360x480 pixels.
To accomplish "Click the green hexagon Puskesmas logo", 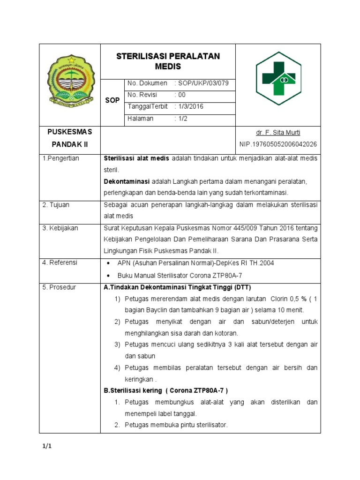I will (278, 79).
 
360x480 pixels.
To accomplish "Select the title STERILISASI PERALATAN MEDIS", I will (168, 61).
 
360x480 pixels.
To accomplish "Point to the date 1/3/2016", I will (189, 106).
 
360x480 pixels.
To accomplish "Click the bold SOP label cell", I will (112, 101).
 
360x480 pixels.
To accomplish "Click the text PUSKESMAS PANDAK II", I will (69, 138).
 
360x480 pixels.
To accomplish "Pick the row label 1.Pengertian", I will (61, 158).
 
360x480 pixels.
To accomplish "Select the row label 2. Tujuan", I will (56, 204).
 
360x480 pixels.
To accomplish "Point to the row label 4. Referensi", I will (60, 262).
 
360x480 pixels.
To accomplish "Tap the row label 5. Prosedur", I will (59, 287).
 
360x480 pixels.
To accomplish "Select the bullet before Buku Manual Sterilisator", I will (109, 276).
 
